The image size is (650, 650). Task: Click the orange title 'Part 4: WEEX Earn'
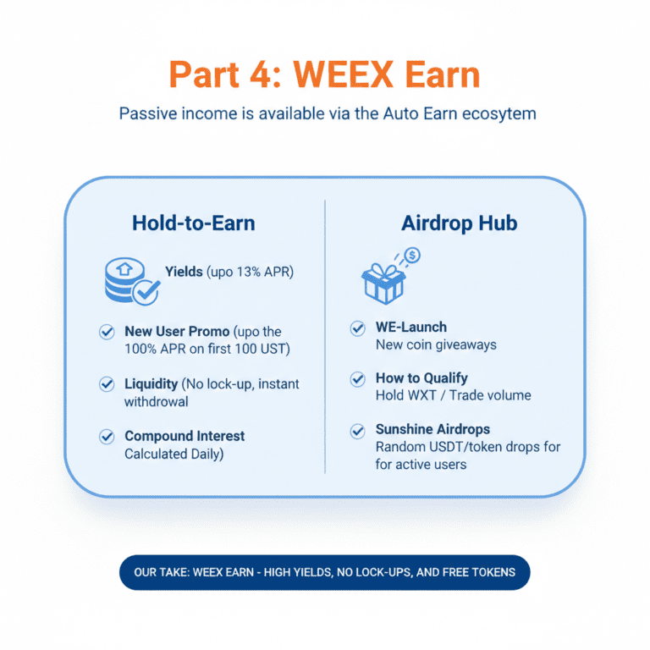pyautogui.click(x=324, y=74)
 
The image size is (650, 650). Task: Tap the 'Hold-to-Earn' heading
pyautogui.click(x=193, y=223)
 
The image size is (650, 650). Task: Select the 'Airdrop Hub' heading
pyautogui.click(x=459, y=223)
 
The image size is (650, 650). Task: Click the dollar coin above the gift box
pyautogui.click(x=412, y=254)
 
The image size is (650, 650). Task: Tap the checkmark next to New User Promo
pyautogui.click(x=107, y=332)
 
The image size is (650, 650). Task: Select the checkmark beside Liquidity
pyautogui.click(x=107, y=384)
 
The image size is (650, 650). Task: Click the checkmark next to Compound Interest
pyautogui.click(x=107, y=437)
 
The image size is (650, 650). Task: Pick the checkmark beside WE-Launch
pyautogui.click(x=358, y=328)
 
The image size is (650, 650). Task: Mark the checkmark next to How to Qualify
pyautogui.click(x=358, y=378)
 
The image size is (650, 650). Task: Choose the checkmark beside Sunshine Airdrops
pyautogui.click(x=358, y=431)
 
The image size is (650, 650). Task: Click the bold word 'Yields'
pyautogui.click(x=184, y=272)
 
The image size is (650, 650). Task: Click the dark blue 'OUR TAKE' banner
pyautogui.click(x=324, y=572)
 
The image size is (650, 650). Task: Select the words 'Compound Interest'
pyautogui.click(x=185, y=437)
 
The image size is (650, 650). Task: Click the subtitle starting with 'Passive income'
pyautogui.click(x=327, y=113)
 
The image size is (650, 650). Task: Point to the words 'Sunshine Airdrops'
pyautogui.click(x=432, y=430)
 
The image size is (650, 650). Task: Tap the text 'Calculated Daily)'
pyautogui.click(x=174, y=454)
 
